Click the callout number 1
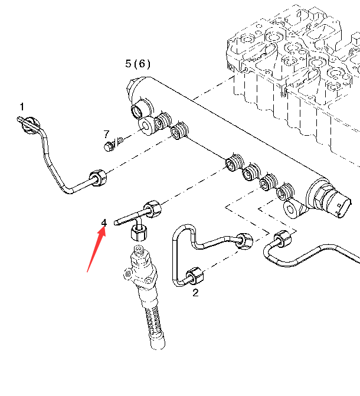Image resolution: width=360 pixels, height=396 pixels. [22, 107]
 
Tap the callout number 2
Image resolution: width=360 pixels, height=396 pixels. [195, 292]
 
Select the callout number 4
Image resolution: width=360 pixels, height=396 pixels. [104, 222]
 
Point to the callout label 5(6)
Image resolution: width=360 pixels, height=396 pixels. [138, 63]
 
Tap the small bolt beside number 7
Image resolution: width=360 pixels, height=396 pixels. [110, 146]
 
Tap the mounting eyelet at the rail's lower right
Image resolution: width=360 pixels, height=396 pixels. [291, 208]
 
